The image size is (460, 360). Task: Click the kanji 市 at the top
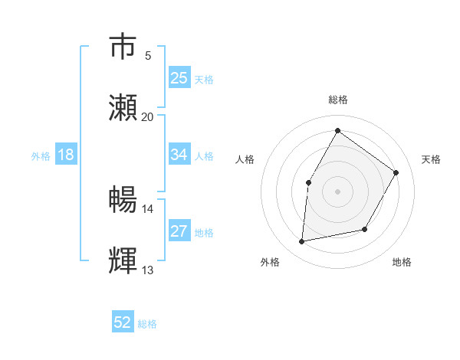123,46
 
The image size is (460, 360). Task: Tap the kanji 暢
123,201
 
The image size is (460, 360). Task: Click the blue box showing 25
179,77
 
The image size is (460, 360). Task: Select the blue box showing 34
179,155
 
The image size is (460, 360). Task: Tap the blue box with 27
179,231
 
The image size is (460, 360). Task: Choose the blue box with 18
66,155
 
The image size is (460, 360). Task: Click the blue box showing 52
123,322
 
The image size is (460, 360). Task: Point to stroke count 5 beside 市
148,56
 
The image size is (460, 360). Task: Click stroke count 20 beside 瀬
148,116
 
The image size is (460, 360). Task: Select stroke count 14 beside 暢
148,209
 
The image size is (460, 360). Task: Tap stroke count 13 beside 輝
148,270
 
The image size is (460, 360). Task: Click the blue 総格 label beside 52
147,324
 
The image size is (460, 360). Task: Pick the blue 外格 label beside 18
41,156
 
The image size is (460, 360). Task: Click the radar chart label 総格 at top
337,100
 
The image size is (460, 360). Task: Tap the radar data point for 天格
396,172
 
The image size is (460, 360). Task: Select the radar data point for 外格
302,241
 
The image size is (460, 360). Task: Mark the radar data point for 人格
309,182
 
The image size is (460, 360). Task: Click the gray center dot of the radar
337,191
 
